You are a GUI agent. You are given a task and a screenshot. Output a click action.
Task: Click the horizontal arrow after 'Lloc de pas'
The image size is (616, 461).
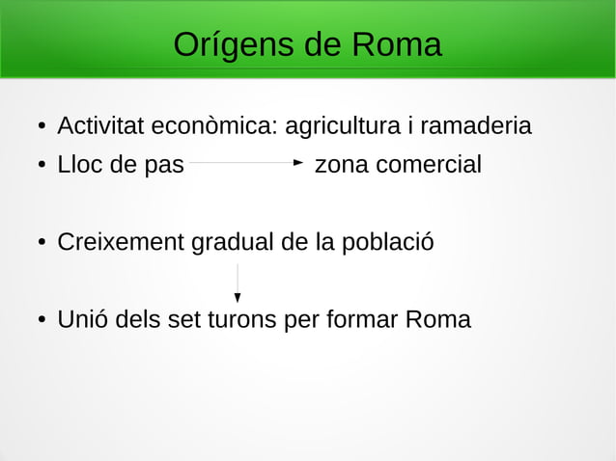[x=246, y=164]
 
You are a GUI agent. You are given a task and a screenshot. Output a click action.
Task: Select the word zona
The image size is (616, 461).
[x=342, y=165]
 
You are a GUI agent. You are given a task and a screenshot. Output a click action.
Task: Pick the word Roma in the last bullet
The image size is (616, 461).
[x=437, y=319]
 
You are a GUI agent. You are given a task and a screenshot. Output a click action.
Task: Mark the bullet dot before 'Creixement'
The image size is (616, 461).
[x=42, y=243]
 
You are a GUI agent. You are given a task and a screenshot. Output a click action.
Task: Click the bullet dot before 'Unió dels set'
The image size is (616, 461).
[x=42, y=320]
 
